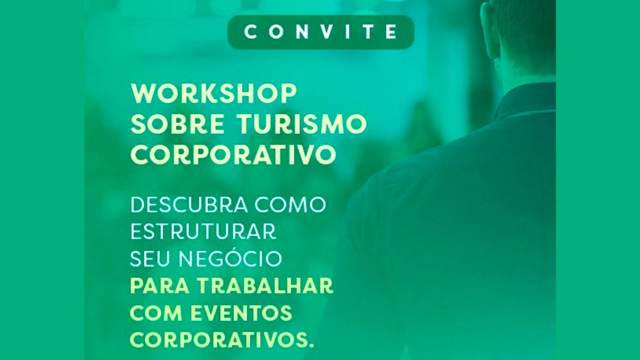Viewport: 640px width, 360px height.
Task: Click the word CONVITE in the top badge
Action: coord(321,32)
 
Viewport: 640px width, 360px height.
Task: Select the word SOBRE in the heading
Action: coord(178,124)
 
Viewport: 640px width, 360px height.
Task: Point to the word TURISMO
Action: coord(302,124)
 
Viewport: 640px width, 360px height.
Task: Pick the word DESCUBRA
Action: coord(189,205)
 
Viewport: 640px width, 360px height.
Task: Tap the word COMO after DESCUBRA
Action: coord(290,205)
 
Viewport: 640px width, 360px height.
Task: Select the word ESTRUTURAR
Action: coord(203,231)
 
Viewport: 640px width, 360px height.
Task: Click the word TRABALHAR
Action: coord(265,286)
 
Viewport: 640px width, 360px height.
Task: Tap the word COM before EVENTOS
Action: coord(156,313)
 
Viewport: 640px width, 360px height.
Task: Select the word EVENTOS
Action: coord(241,313)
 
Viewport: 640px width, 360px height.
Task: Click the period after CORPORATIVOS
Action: coord(311,346)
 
